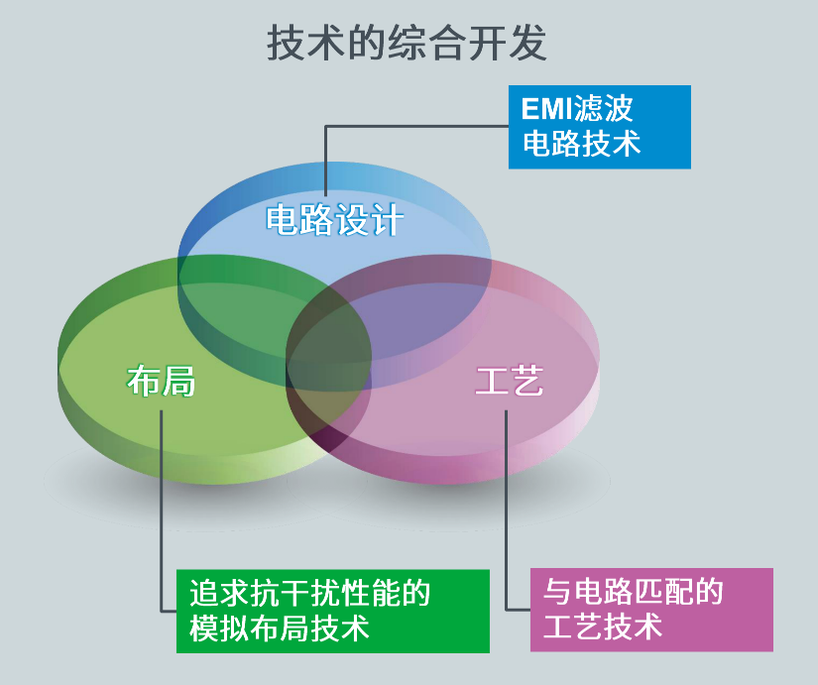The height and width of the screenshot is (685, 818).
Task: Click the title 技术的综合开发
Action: pos(407,43)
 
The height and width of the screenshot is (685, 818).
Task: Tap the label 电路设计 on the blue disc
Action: pos(334,220)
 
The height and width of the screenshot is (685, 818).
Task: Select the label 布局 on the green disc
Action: pos(161,381)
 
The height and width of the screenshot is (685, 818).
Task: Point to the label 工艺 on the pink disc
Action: pos(510,381)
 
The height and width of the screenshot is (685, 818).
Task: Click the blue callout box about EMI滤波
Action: pos(600,127)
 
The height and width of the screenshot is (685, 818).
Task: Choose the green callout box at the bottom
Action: pos(333,611)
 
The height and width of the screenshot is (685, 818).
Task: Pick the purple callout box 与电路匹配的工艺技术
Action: pos(651,610)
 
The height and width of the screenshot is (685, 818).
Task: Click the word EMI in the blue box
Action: pos(546,109)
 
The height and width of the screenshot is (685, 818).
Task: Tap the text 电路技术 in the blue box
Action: pos(582,143)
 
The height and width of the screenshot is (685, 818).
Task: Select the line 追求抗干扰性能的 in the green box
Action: pos(310,593)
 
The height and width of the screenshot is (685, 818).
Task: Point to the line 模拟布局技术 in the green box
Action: pos(280,628)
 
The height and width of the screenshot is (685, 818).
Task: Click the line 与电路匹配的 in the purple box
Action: pos(634,592)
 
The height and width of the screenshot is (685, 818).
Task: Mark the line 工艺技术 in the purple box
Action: pos(603,627)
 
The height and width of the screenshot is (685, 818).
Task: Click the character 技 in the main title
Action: pos(286,43)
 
